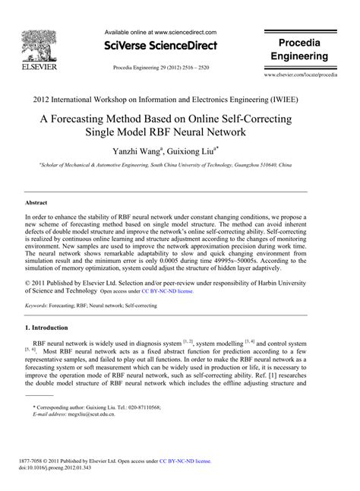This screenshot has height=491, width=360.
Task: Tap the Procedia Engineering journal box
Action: [x=302, y=50]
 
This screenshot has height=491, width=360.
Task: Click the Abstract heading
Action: [x=38, y=204]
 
